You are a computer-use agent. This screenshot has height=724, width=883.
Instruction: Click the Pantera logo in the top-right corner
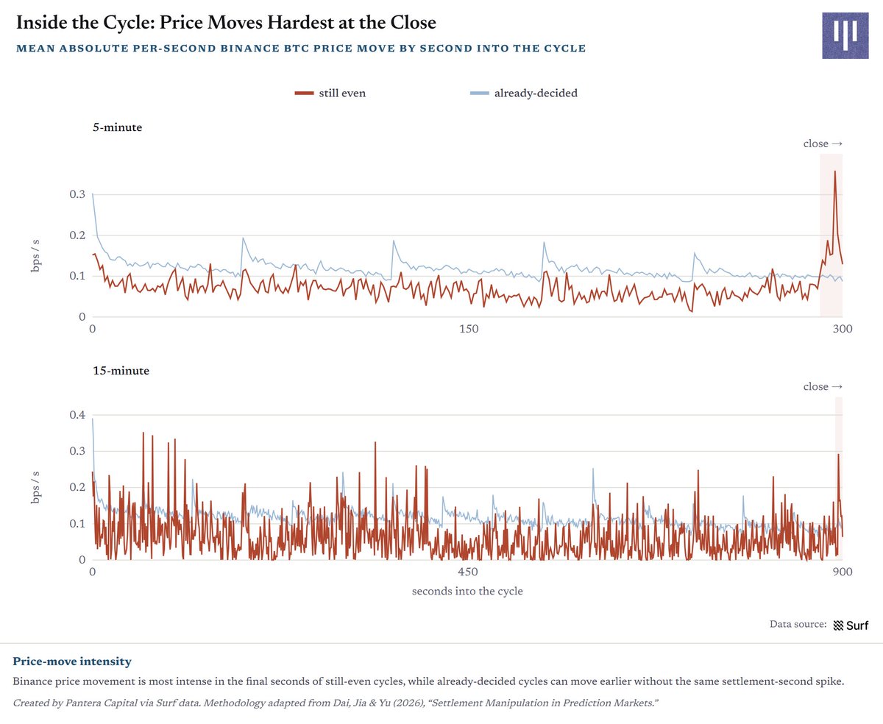[845, 35]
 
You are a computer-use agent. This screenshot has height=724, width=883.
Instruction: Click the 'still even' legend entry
[330, 93]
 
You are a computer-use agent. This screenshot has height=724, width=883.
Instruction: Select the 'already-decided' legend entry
[523, 93]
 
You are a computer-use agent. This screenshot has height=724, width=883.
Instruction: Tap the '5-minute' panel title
[117, 127]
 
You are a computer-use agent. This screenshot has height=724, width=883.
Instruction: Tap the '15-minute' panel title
[121, 371]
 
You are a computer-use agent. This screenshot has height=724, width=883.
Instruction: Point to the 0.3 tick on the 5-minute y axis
[77, 194]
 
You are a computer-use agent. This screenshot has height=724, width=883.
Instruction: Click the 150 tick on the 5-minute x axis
[469, 329]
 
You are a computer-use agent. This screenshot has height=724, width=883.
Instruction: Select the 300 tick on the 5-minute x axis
[843, 329]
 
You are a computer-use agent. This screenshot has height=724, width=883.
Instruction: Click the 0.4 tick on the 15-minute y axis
[77, 415]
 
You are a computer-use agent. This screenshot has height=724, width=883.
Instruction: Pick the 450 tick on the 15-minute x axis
[468, 572]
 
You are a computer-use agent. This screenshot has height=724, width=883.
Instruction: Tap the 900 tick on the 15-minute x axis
[843, 572]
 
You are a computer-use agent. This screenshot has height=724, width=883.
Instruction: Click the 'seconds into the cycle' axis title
[467, 591]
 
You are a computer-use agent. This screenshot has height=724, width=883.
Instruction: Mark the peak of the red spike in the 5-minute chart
[835, 171]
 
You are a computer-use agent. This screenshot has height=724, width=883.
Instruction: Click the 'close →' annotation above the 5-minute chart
[823, 143]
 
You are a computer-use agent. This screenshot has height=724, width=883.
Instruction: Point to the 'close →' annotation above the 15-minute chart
[823, 386]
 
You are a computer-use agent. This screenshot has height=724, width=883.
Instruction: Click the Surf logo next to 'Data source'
[851, 625]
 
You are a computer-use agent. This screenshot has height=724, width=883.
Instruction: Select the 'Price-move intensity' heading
[72, 661]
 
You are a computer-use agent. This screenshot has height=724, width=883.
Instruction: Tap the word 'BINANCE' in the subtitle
[249, 49]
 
